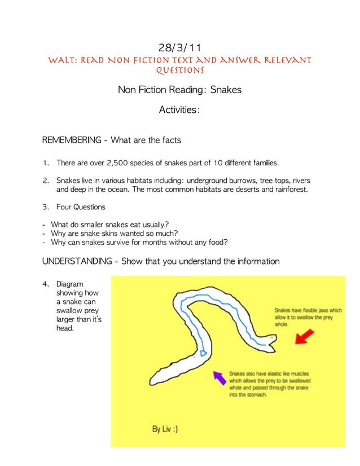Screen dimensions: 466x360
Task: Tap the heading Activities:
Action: click(179, 110)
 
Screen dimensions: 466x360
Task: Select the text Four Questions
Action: click(81, 207)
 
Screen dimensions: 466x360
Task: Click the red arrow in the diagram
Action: click(304, 337)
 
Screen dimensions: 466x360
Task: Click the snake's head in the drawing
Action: click(269, 341)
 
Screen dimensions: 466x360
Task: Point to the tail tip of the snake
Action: click(152, 379)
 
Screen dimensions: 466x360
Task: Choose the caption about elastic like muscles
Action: click(272, 384)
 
